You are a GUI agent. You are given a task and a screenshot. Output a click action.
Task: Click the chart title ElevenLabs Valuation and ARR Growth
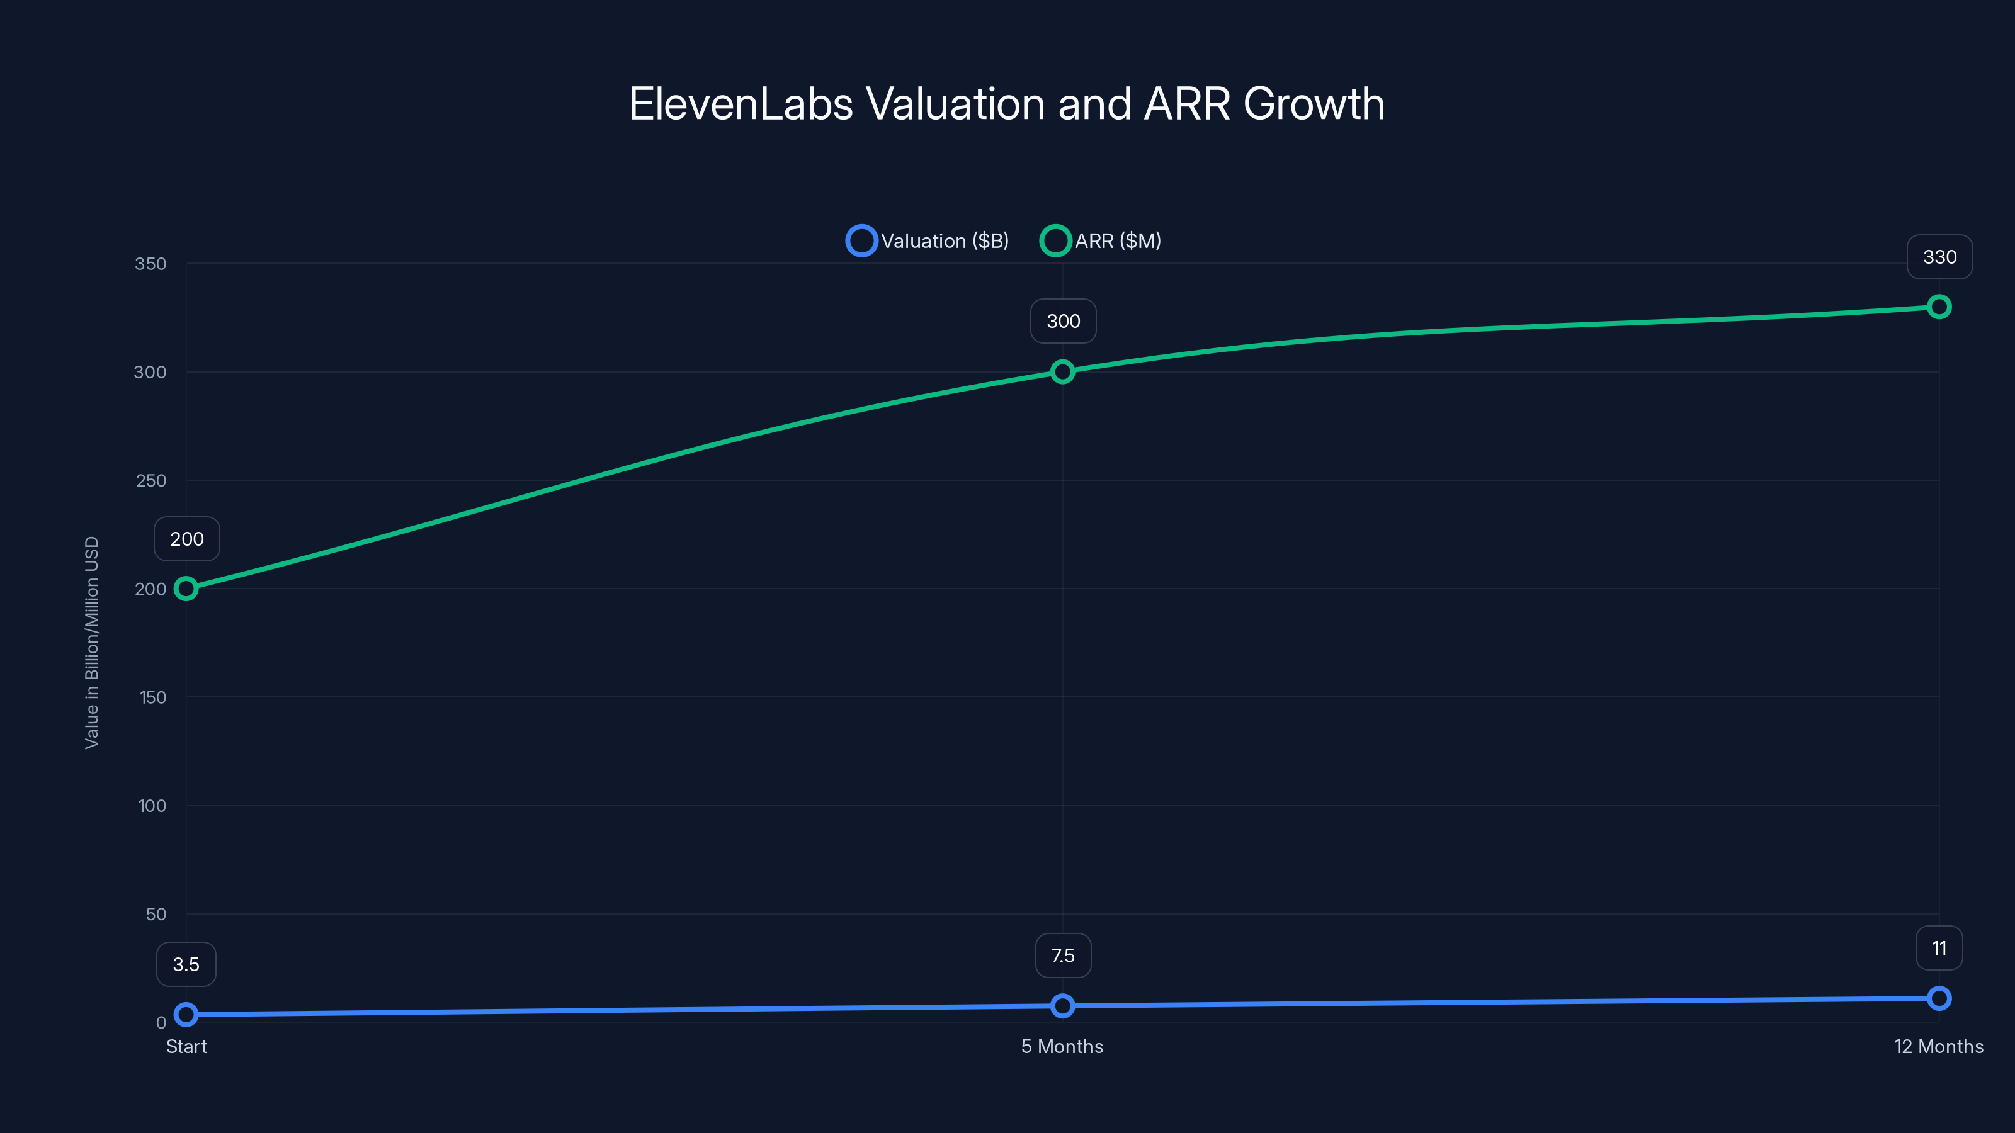tap(1007, 103)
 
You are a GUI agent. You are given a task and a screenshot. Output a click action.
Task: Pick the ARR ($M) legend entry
tap(1101, 241)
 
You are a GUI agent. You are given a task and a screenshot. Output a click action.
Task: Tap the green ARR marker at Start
tap(186, 589)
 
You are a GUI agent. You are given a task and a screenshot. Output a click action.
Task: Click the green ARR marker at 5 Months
tap(1062, 371)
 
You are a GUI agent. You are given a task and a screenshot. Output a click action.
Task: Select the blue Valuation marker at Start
tap(186, 1014)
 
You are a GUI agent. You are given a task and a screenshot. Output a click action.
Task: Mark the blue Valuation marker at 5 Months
tap(1062, 1006)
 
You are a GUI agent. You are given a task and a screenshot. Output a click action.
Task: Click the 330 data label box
tap(1939, 257)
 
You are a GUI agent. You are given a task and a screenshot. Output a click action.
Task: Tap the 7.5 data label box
tap(1062, 955)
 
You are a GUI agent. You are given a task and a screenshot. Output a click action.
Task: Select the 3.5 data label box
tap(186, 964)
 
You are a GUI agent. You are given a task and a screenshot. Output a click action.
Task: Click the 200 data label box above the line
tap(187, 539)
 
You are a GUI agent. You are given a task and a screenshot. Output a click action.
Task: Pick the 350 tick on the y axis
tap(150, 264)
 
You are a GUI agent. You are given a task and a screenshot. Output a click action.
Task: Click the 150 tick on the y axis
tap(152, 697)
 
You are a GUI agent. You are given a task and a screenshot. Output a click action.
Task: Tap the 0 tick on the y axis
tap(161, 1022)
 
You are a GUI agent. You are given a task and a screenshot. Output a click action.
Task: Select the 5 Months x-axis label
tap(1062, 1046)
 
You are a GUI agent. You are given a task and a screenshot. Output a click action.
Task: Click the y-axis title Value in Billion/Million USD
tap(91, 642)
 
